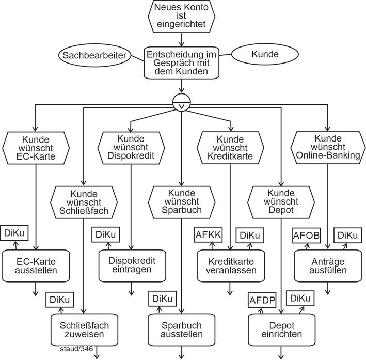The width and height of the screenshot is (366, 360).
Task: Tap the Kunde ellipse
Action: pos(265,54)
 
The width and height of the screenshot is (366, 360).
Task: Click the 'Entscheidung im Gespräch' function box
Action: pos(181,62)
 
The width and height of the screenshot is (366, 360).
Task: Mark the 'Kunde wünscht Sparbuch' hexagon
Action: pos(181,202)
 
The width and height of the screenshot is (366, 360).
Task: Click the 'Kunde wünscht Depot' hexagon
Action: pos(280,202)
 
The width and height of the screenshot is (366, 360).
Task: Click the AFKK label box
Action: pos(208,235)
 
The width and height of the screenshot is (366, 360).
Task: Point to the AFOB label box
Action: pos(306,235)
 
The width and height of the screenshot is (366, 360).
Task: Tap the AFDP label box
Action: pos(262,300)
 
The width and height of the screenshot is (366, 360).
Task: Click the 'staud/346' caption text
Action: pos(76,349)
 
